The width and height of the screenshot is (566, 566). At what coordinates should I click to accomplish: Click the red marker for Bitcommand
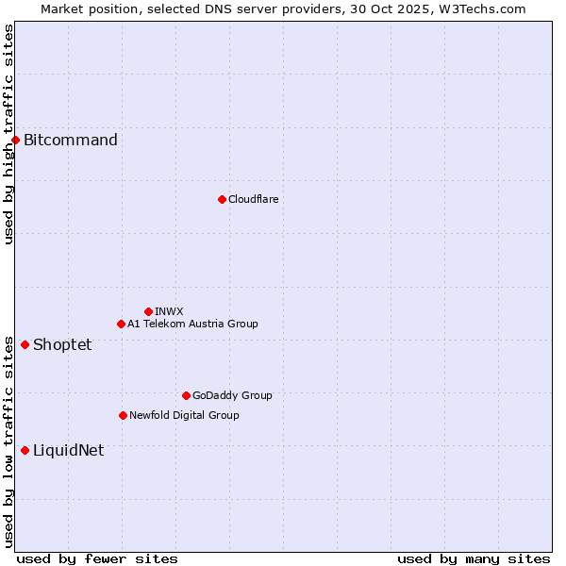15,141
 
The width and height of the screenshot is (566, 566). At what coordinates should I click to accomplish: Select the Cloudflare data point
222,199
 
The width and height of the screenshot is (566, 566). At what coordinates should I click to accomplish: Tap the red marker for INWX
148,311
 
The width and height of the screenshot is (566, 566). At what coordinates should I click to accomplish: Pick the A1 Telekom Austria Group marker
121,325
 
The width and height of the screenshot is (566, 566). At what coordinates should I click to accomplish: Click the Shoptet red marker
25,344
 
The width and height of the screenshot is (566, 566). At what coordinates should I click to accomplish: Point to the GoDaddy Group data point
186,395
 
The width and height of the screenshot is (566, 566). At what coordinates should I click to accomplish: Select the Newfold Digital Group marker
123,415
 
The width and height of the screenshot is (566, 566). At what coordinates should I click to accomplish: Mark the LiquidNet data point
25,450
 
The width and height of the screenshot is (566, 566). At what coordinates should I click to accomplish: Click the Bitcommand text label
71,141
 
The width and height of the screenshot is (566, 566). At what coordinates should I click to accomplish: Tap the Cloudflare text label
253,199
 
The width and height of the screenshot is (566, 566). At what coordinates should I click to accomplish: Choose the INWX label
169,311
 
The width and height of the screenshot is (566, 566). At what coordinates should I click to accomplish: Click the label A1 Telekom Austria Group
192,325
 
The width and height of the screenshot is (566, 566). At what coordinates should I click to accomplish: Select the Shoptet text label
62,344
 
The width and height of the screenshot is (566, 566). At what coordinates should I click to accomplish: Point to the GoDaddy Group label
232,395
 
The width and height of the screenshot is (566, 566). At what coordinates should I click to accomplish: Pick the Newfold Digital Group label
184,415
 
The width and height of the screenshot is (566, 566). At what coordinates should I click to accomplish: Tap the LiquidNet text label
68,450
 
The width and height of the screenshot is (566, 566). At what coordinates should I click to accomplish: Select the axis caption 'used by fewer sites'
97,558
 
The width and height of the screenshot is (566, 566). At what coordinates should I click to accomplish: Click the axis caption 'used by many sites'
474,558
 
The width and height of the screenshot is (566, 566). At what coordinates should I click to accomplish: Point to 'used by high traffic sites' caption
8,134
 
